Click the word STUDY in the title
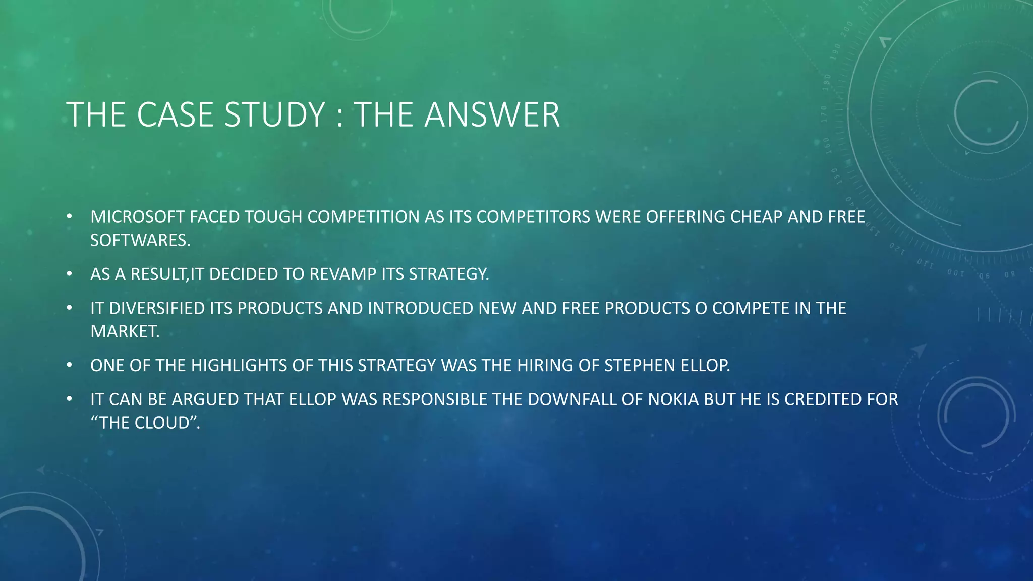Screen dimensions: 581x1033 [275, 115]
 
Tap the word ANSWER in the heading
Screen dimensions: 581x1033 [492, 115]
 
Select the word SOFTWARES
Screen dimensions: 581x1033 [140, 240]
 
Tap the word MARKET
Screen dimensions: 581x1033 [124, 331]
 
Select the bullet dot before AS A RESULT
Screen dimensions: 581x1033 [70, 274]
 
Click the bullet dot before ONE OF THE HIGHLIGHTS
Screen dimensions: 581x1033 [70, 365]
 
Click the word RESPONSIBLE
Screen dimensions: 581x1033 [435, 399]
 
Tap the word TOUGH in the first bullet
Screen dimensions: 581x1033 [273, 217]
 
